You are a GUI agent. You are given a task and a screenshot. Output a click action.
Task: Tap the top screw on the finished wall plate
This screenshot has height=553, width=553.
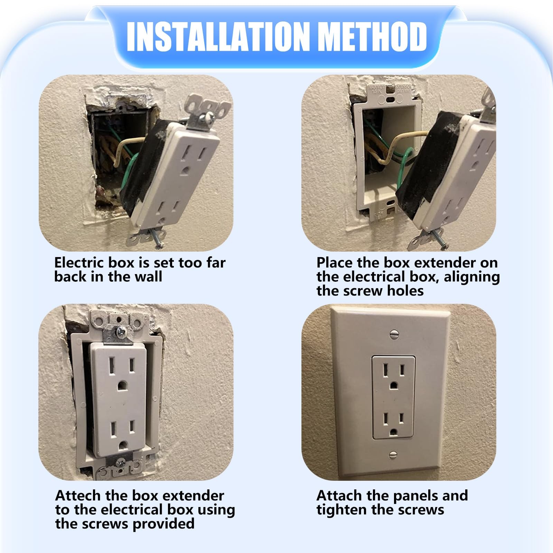click(x=394, y=334)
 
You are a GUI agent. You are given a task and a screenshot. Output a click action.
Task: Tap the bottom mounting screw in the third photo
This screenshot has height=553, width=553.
click(x=121, y=462)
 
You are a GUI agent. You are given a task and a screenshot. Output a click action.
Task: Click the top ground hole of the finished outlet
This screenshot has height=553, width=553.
click(x=393, y=385)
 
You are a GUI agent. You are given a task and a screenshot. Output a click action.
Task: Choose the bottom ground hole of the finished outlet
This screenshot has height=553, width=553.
click(x=393, y=431)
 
